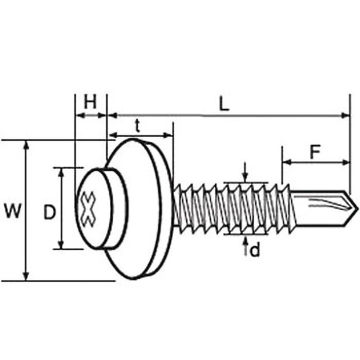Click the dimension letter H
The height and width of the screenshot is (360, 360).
90,103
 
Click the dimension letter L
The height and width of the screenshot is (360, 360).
224,105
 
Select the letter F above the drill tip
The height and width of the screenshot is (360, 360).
315,152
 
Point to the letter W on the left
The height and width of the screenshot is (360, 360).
13,211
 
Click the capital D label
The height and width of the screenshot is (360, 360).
50,212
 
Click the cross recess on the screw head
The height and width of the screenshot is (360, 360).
88,209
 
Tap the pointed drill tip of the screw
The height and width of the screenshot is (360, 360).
357,208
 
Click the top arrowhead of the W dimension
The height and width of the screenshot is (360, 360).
27,145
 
